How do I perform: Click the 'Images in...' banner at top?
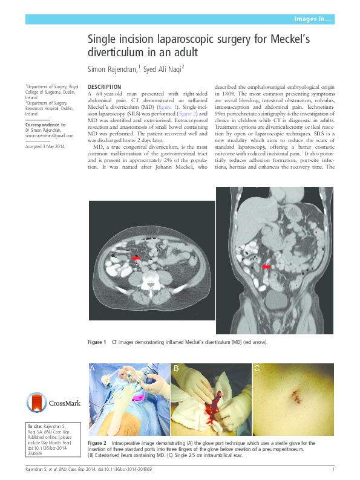(x=312, y=19)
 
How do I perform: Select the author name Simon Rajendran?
(x=113, y=69)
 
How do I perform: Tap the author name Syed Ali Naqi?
(x=162, y=69)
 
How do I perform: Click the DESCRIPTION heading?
(x=104, y=88)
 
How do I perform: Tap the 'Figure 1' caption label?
(x=97, y=343)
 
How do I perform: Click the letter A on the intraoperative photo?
(x=93, y=368)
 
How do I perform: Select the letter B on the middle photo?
(x=175, y=368)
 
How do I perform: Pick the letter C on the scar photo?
(x=257, y=368)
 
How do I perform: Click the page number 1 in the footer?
(x=333, y=469)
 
